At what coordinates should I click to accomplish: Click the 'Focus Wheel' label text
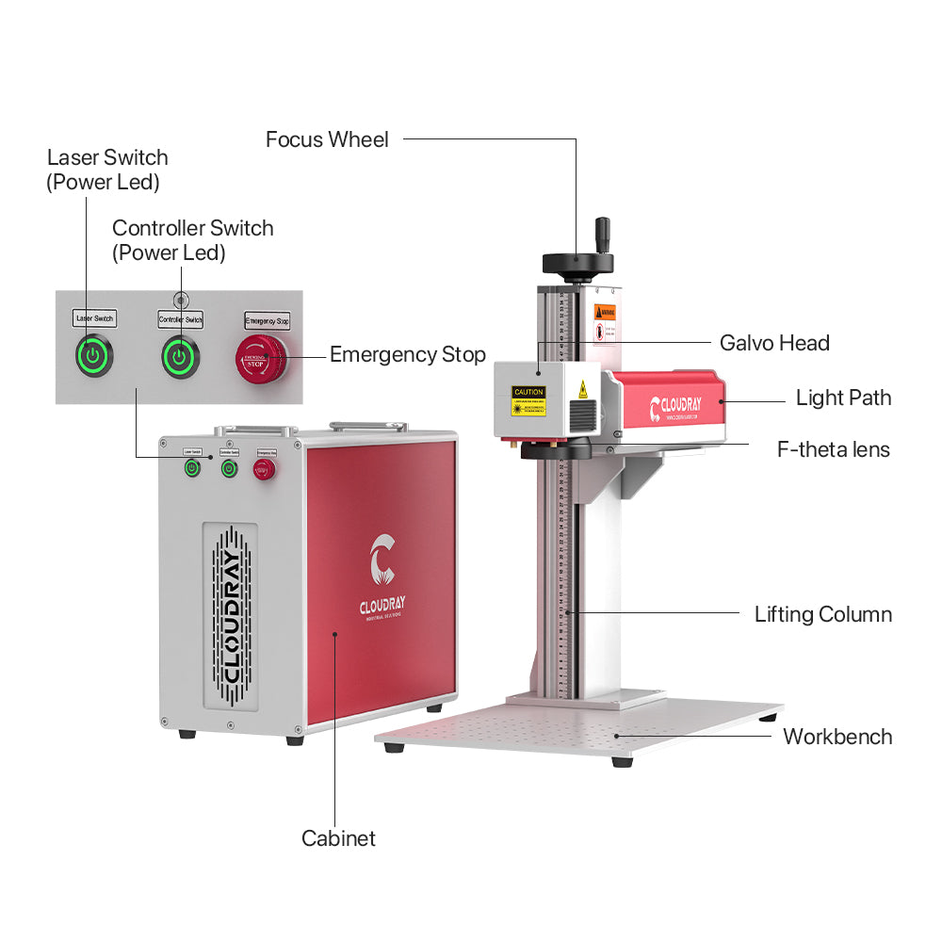tap(327, 140)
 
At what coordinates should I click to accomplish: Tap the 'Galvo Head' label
tap(774, 343)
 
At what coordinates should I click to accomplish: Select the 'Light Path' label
tap(843, 398)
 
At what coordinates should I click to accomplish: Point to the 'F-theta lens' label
tap(833, 449)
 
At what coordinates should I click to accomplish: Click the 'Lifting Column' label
tap(822, 615)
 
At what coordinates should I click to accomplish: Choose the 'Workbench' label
tap(837, 737)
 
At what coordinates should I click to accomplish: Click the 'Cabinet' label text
tap(338, 838)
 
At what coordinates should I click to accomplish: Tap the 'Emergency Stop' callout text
tap(407, 355)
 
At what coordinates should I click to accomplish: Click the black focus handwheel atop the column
tap(577, 261)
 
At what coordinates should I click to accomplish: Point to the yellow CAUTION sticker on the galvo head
tap(528, 400)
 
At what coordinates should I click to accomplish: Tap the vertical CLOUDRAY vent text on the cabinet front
tap(229, 617)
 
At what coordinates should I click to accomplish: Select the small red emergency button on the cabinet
tap(263, 468)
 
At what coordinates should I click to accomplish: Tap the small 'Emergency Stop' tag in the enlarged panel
tap(268, 320)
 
